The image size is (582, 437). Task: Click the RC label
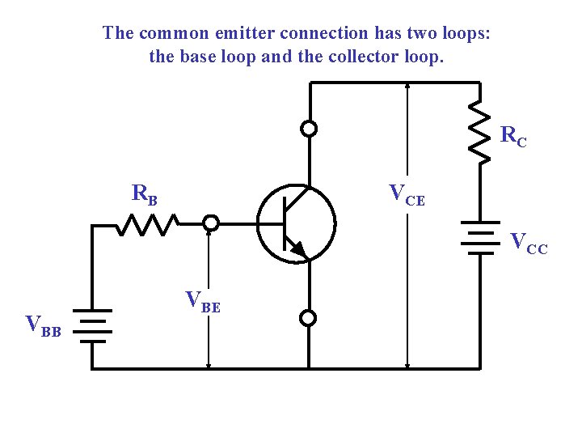click(x=514, y=136)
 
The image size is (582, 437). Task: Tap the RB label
click(x=145, y=194)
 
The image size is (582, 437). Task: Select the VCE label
click(x=406, y=194)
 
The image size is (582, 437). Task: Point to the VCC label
click(x=528, y=243)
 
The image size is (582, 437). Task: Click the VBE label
click(x=203, y=301)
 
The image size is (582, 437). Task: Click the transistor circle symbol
click(x=296, y=223)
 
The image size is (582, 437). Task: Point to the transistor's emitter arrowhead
click(x=298, y=248)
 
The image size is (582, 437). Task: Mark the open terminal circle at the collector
click(x=308, y=128)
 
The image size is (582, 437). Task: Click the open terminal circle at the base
click(x=210, y=223)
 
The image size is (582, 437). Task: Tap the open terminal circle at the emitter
click(x=308, y=318)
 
